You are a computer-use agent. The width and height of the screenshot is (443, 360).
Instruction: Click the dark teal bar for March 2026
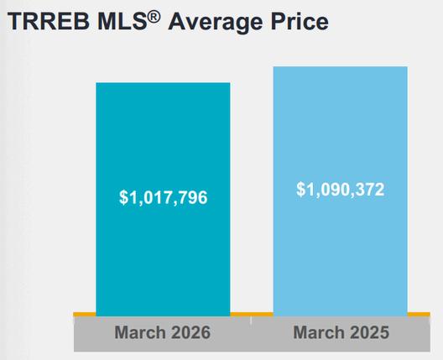pos(163,199)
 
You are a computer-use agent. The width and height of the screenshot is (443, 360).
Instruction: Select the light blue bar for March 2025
pos(340,191)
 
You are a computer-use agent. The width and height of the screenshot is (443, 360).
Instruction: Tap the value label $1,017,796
pos(163,197)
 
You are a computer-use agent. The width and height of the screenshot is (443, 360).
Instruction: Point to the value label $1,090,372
pos(340,190)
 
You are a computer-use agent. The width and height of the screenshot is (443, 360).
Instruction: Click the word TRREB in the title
pos(49,22)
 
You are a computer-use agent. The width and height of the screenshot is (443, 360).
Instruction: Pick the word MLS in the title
pos(122,22)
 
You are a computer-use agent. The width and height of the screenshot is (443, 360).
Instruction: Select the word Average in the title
pos(216,23)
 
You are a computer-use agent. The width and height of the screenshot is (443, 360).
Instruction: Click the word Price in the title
pos(300,22)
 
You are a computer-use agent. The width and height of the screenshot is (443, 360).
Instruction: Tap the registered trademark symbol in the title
pos(154,18)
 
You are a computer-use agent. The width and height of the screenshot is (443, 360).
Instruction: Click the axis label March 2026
pos(163,332)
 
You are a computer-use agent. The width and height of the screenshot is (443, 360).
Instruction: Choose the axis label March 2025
pos(341,332)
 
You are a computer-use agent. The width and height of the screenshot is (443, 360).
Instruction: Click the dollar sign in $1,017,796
pos(123,197)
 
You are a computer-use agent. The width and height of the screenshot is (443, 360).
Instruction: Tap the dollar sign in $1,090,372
pos(300,190)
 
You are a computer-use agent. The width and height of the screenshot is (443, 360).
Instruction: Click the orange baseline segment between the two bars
pos(252,314)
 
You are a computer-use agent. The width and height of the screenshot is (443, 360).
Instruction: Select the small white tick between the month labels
pos(251,321)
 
